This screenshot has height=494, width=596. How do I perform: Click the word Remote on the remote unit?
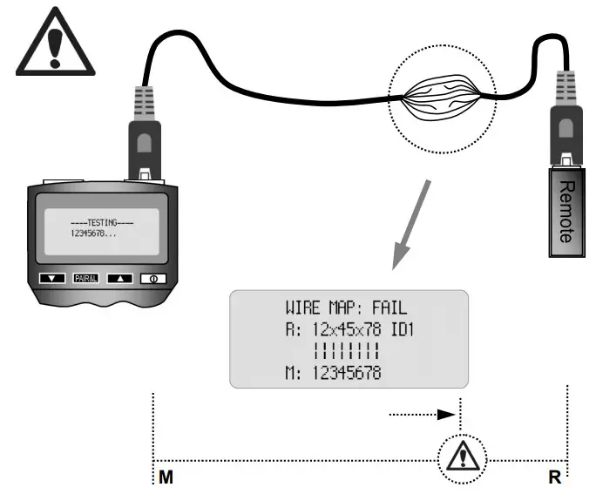(x=564, y=212)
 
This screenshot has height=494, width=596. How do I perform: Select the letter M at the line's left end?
(x=165, y=477)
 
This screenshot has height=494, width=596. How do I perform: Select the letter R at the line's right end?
(x=554, y=477)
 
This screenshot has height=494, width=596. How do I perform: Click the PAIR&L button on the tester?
(x=88, y=279)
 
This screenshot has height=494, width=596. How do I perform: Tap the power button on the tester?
(x=153, y=279)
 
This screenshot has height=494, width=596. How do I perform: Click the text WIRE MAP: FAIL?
(x=346, y=308)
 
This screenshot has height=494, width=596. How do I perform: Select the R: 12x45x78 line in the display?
(x=331, y=330)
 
